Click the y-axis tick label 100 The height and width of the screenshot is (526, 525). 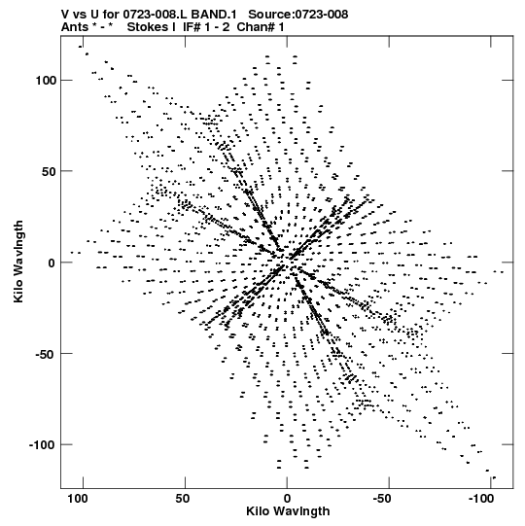pos(45,81)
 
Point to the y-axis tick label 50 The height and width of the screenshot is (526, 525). pos(49,171)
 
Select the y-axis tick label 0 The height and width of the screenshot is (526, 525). pos(52,263)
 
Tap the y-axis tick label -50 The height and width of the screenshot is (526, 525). pos(45,354)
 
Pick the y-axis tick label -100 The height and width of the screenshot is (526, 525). pos(42,445)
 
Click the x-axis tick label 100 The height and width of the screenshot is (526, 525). pos(78,499)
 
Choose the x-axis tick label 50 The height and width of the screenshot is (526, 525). pos(182,499)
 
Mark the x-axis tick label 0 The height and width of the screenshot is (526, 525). pos(287,499)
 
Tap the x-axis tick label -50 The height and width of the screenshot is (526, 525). pos(382,499)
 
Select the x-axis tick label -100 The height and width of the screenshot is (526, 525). pos(481,499)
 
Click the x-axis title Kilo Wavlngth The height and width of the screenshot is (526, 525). pos(288,511)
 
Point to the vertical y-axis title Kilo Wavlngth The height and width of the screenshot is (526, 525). pos(18,262)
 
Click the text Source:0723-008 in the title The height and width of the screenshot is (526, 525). pos(297,15)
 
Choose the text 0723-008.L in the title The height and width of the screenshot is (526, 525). pos(156,15)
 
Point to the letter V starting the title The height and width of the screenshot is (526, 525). pos(65,15)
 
